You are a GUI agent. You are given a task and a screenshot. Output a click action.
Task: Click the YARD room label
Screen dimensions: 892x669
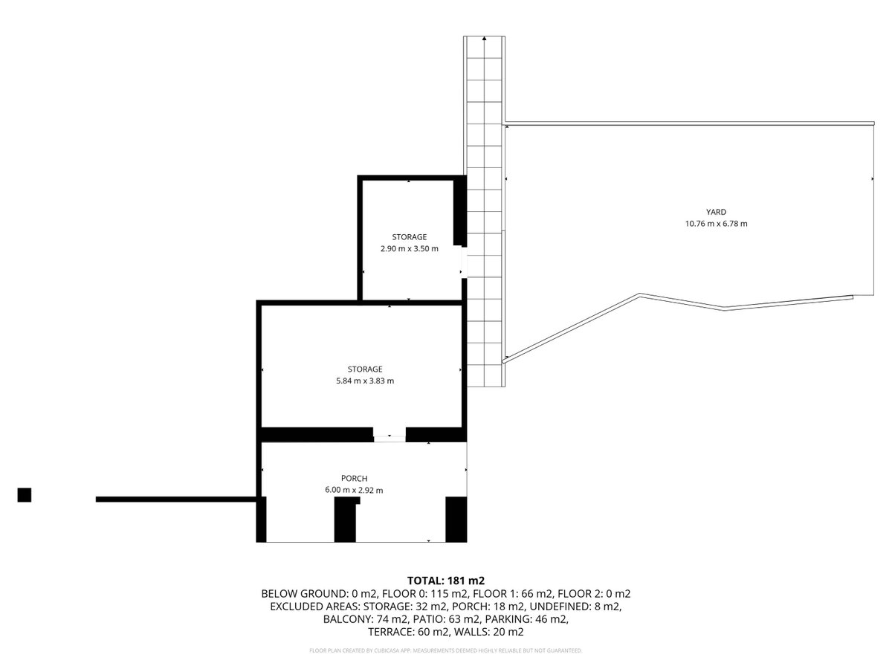[x=716, y=212]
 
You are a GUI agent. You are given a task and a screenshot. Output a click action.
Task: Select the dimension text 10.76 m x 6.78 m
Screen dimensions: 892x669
[x=716, y=224]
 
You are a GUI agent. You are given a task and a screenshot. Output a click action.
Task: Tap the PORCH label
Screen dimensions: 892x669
[x=354, y=478]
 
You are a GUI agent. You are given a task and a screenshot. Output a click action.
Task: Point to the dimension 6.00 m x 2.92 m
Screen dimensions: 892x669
[x=354, y=490]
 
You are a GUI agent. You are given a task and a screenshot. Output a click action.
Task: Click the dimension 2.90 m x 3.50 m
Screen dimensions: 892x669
[x=410, y=248]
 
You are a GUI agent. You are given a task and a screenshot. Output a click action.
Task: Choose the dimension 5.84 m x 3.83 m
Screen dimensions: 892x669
[x=365, y=381]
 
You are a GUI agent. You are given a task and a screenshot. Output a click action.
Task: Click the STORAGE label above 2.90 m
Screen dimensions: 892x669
[x=410, y=237]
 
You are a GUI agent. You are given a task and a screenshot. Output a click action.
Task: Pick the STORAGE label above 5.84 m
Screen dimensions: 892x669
[x=365, y=369]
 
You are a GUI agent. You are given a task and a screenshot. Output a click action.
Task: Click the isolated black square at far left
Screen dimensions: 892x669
[x=25, y=495]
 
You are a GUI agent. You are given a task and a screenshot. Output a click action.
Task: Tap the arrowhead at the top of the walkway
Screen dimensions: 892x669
[x=484, y=39]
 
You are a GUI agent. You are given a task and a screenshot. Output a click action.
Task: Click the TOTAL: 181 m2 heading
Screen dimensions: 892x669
[x=446, y=581]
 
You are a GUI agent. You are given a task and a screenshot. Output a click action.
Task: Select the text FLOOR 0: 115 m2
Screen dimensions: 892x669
[x=424, y=594]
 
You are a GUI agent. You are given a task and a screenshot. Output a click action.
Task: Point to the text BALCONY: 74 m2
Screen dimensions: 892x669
[x=365, y=619]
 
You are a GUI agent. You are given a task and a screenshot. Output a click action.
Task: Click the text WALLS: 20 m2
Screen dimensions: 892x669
[x=488, y=632]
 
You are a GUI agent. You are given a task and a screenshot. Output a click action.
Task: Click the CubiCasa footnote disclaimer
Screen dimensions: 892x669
[x=446, y=650]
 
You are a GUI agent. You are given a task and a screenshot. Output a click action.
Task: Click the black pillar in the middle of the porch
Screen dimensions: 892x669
[x=346, y=519]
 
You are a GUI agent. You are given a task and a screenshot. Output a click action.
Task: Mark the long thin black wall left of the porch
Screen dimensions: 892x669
[x=176, y=500]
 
